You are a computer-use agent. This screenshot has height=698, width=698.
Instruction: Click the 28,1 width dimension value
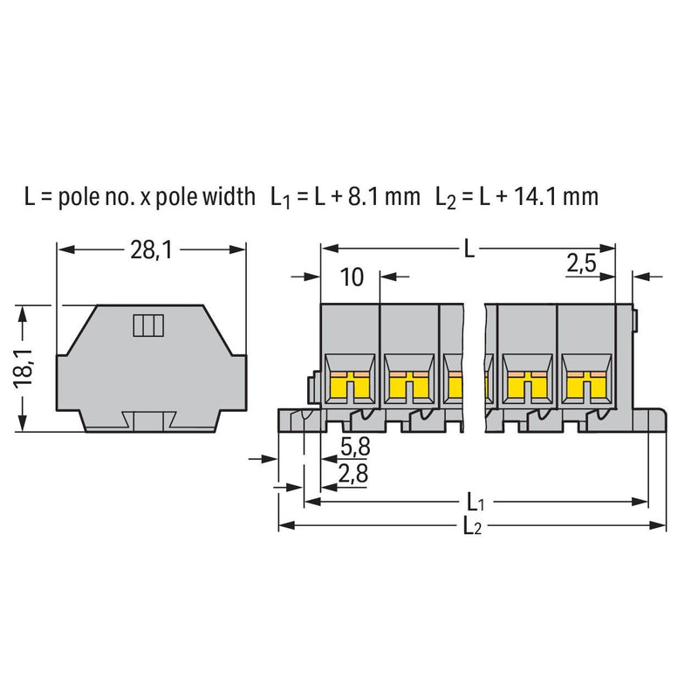point(151,250)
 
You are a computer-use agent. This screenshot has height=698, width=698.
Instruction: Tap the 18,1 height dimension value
point(24,368)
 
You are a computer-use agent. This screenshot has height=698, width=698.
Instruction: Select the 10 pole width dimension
point(352,277)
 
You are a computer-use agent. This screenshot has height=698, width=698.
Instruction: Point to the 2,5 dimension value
point(581,263)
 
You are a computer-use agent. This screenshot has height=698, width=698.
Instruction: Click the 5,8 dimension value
point(355,447)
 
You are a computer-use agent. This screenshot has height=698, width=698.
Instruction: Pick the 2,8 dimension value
point(353,474)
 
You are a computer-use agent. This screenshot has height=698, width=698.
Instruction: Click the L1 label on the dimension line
point(475,503)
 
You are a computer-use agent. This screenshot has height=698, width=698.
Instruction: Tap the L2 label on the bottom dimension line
point(472,526)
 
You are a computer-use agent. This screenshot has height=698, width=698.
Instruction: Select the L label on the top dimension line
point(469,249)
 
